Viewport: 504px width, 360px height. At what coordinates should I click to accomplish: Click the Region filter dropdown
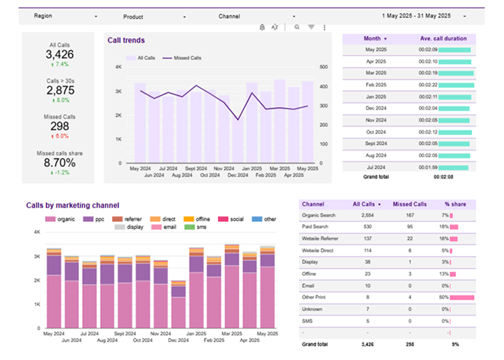(x=65, y=16)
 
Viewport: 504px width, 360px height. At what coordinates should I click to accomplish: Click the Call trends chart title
(x=126, y=40)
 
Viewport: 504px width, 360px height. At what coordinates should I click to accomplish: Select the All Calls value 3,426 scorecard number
(x=60, y=55)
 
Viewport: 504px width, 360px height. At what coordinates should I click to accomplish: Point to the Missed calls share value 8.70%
(x=60, y=163)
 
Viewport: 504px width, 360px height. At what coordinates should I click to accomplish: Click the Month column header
(x=375, y=38)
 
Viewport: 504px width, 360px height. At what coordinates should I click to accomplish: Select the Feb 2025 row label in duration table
(x=376, y=85)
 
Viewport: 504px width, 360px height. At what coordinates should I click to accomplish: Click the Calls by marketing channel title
(x=73, y=205)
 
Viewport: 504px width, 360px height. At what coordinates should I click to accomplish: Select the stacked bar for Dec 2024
(x=179, y=305)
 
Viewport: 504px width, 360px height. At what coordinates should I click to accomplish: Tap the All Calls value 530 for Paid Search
(x=366, y=227)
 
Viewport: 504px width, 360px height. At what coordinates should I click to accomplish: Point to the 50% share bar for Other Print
(x=462, y=297)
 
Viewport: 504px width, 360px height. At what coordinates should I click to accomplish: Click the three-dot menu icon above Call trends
(x=324, y=27)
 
